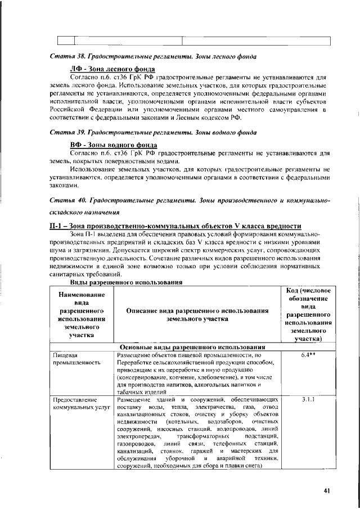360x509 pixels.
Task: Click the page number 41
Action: [327, 490]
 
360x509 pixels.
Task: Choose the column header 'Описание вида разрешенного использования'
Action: [196, 315]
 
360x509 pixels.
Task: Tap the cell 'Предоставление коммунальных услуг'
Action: [79, 404]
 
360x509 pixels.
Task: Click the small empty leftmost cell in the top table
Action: [66, 39]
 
